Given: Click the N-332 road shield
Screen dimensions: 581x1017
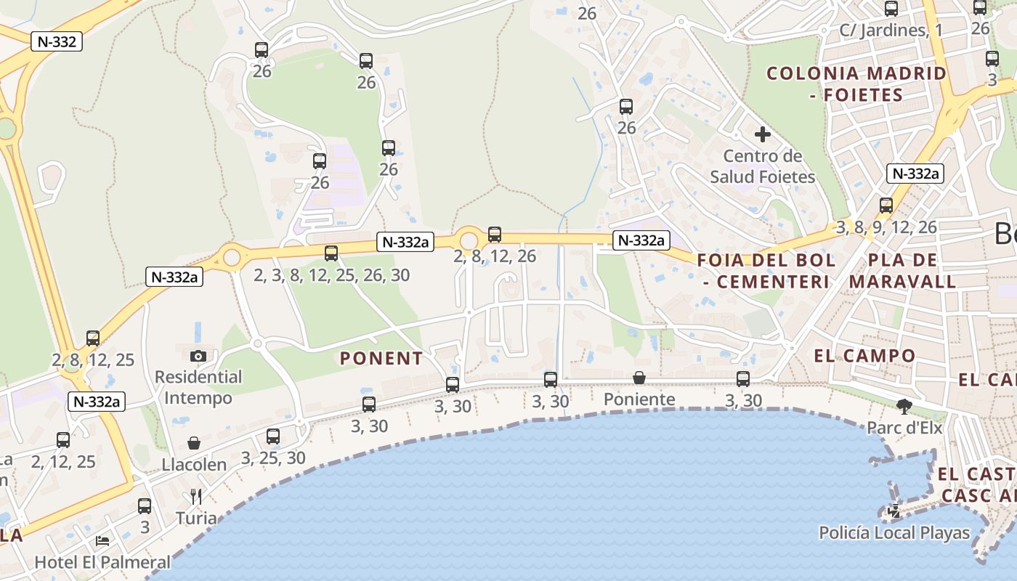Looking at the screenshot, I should (57, 41).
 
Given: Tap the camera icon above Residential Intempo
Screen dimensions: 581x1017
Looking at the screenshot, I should (198, 356).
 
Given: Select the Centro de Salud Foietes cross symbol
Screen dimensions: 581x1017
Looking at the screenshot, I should (762, 134).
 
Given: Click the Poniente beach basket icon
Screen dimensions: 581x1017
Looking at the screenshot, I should (639, 378).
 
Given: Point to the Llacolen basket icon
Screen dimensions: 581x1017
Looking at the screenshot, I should (194, 443).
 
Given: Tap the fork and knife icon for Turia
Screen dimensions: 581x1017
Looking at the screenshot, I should (195, 497).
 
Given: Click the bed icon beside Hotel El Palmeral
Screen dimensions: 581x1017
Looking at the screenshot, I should (102, 541).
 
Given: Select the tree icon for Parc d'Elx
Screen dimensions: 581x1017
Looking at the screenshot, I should (904, 407).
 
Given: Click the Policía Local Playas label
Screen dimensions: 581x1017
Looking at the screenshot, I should (894, 532).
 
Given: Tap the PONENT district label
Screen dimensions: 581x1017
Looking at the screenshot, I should (381, 358).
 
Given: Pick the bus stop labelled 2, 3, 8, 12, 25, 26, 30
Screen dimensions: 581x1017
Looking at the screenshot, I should (331, 253).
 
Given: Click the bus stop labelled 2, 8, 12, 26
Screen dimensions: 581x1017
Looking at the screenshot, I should (495, 235).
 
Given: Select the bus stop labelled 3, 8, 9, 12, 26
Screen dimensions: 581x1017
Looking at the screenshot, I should (886, 206).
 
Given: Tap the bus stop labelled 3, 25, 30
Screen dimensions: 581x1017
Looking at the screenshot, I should (273, 436).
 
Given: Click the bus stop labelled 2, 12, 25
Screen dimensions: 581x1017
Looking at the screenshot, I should (63, 440).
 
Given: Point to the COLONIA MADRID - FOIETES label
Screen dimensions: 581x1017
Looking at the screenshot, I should (856, 84).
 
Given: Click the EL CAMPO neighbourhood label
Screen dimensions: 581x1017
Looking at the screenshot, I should (864, 356).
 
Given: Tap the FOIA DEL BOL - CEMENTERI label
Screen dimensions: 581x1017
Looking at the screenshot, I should (766, 271).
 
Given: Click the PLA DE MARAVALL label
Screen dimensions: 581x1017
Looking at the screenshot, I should (903, 271).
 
